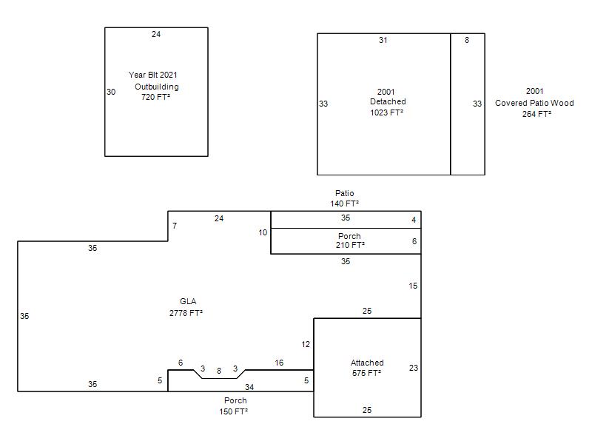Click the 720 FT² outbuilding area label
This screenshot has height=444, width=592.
click(x=155, y=97)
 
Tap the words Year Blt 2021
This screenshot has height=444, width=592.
click(x=153, y=75)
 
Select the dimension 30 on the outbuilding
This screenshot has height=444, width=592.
click(x=111, y=92)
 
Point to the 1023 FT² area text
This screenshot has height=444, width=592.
click(x=386, y=112)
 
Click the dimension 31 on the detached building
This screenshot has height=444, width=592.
click(x=383, y=40)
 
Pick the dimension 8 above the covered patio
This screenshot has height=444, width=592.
click(x=467, y=40)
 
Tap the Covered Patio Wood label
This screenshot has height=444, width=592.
click(x=534, y=103)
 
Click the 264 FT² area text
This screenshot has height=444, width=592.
click(x=536, y=114)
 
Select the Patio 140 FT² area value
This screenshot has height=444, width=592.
click(x=344, y=203)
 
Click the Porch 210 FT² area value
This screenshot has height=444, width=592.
click(x=350, y=245)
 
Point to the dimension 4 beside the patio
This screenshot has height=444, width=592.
click(x=414, y=220)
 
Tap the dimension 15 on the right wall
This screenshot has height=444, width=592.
click(x=413, y=286)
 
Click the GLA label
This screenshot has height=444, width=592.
click(x=188, y=301)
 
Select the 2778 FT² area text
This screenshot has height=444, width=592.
click(x=186, y=313)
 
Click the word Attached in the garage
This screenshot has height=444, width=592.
click(x=367, y=363)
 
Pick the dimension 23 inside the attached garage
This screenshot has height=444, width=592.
click(x=414, y=368)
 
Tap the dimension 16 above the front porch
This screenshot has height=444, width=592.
click(x=279, y=363)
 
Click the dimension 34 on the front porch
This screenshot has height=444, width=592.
click(x=249, y=387)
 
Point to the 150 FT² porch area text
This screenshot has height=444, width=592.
click(x=234, y=411)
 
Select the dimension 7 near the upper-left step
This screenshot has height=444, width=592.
click(x=175, y=226)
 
